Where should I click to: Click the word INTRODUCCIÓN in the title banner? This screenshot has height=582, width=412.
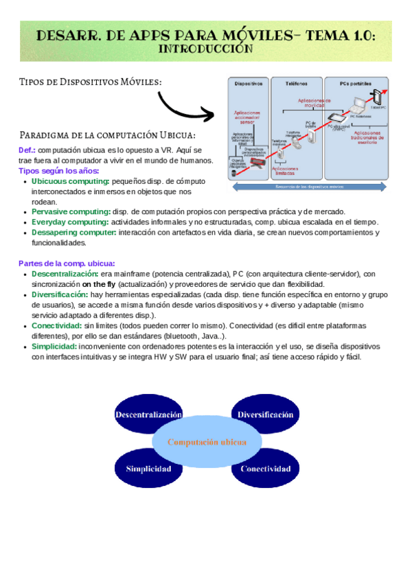point(206,49)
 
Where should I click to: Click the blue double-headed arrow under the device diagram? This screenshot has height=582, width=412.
point(309,186)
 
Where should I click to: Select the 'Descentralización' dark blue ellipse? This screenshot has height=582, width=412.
point(148,415)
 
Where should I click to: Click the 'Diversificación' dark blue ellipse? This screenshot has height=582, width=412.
point(266,415)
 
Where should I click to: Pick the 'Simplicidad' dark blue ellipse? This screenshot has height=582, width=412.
point(148,469)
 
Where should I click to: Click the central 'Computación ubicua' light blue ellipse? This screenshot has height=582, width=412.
point(207,442)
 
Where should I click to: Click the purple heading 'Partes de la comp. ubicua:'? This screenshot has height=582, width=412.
point(67,264)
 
